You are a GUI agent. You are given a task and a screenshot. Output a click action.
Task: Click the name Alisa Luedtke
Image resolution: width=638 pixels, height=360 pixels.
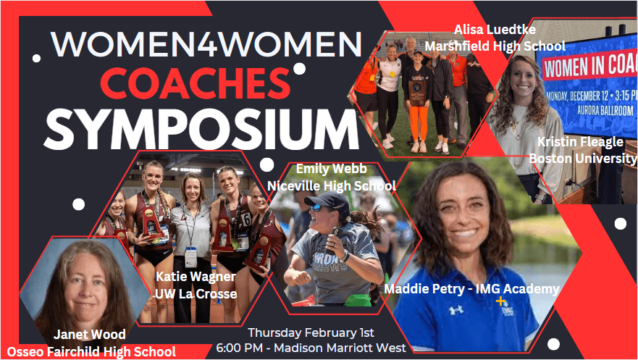click(494, 30)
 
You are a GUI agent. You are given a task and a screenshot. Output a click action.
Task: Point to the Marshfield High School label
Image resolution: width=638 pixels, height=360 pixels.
click(495, 46)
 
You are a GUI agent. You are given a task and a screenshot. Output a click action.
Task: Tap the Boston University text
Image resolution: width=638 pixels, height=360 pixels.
click(583, 158)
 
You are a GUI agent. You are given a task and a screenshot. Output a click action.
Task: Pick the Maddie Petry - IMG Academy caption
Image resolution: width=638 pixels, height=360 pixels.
click(471, 289)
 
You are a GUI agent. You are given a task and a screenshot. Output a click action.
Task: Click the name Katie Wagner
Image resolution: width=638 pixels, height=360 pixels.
click(196, 277)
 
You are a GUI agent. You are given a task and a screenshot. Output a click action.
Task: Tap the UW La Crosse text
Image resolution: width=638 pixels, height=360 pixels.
click(196, 293)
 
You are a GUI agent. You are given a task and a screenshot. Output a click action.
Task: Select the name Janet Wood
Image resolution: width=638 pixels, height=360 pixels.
click(89, 335)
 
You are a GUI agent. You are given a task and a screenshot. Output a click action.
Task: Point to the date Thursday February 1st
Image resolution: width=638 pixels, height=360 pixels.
click(311, 332)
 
